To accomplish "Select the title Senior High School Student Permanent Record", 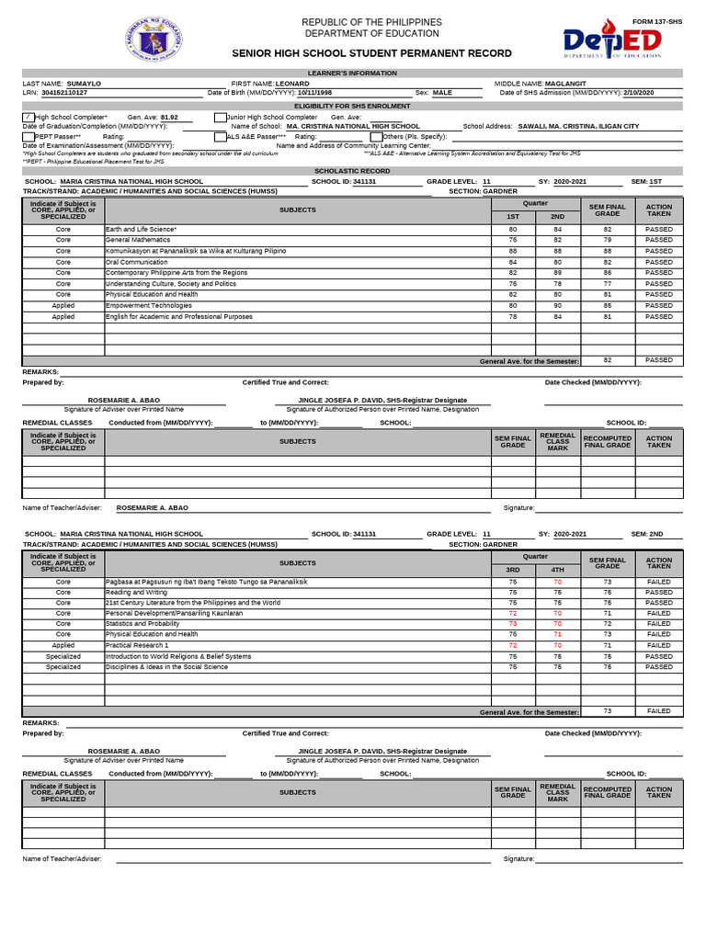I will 372,54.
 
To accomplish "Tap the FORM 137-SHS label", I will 657,21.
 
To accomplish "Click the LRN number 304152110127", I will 64,93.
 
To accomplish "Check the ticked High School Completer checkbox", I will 28,117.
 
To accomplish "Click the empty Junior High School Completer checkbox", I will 220,117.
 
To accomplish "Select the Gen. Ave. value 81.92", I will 169,118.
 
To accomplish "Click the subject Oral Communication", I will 136,262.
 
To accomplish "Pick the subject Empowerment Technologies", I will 149,306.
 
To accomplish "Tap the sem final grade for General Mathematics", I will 607,240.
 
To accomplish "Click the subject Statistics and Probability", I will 142,624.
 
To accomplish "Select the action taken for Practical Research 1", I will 658,646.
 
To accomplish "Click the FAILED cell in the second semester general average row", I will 658,711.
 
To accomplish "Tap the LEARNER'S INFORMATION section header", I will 352,73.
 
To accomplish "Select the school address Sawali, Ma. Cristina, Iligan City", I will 578,126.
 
